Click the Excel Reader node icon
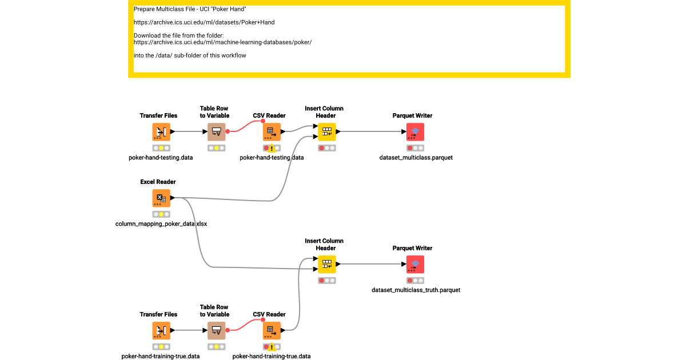click(161, 198)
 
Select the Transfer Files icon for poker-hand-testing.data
click(161, 132)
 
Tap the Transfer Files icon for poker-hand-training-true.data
click(161, 330)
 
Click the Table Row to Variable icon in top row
click(216, 132)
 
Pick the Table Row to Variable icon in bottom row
click(216, 330)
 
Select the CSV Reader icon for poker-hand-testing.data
click(272, 132)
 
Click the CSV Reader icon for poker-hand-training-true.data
click(272, 330)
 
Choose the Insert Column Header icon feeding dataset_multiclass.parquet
click(327, 132)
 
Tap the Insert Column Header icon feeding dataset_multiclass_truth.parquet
click(327, 264)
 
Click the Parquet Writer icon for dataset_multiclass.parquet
click(415, 132)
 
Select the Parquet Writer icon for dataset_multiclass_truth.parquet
click(415, 264)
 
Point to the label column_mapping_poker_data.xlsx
click(161, 224)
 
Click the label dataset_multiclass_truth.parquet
click(416, 290)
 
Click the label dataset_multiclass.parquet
click(416, 158)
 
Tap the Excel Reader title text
click(158, 182)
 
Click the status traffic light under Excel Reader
click(161, 214)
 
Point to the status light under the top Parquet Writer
click(415, 148)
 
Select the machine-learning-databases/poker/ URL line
click(222, 42)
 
